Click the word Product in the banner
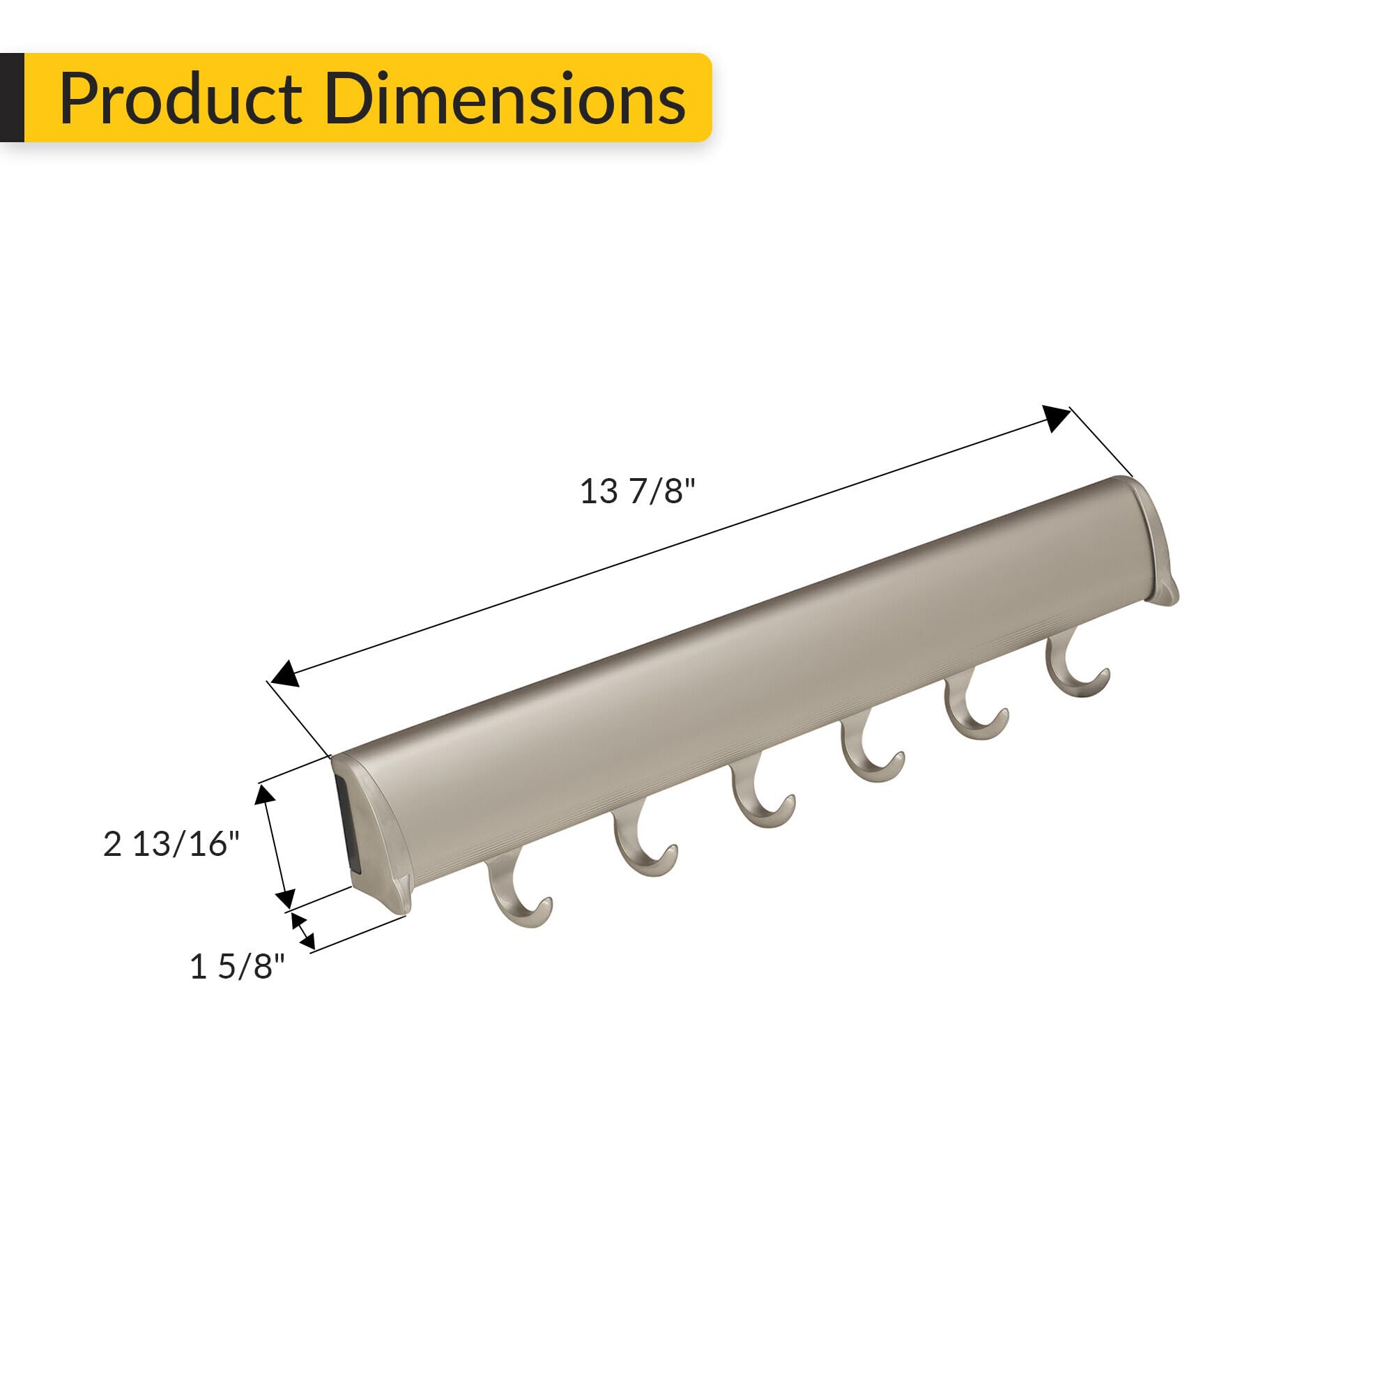point(181,99)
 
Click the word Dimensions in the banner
point(505,99)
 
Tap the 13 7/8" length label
point(637,492)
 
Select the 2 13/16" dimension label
point(171,844)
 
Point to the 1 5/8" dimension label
point(237,967)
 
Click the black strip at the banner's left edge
point(12,98)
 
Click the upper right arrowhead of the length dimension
point(1055,418)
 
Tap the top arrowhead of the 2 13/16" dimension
point(266,795)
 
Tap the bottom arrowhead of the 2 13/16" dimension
point(285,899)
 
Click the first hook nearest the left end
point(518,894)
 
